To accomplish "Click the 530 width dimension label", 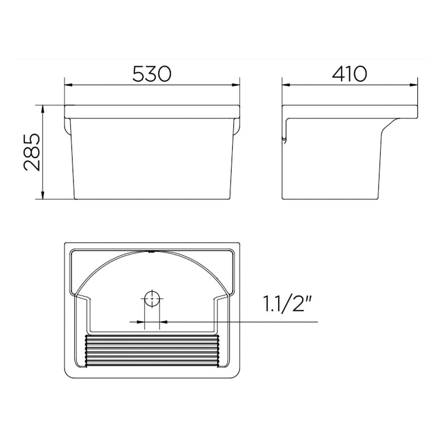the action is [152, 74].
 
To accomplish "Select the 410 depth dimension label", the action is [350, 74].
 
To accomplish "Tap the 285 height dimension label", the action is [32, 152].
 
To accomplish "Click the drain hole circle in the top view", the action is [152, 299].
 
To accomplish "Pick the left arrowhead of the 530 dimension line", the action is [69, 85].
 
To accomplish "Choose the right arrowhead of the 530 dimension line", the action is [235, 85].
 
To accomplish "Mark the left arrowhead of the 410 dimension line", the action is [286, 85].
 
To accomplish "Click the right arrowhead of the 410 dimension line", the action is [413, 85].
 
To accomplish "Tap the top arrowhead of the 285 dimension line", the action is [43, 110].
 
